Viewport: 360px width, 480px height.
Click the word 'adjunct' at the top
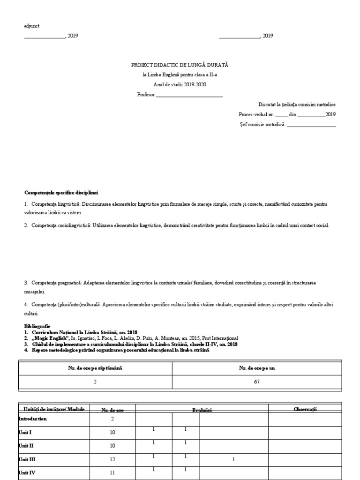[x=31, y=26]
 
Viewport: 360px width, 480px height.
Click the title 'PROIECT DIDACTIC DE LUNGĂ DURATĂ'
[x=180, y=65]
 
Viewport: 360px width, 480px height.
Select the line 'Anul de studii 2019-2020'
[x=180, y=84]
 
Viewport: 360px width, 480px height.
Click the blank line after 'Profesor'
[x=189, y=95]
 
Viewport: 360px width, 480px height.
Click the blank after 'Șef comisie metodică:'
[x=311, y=124]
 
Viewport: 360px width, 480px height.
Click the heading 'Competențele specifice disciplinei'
[x=61, y=193]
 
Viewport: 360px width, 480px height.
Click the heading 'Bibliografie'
[x=37, y=325]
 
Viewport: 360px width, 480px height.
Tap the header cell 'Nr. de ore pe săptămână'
[x=95, y=368]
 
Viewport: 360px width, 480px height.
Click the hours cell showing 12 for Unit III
[x=112, y=460]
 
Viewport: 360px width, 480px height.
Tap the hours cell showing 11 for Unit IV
[x=112, y=473]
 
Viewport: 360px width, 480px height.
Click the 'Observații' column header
[x=305, y=409]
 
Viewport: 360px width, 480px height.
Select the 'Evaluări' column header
[x=202, y=410]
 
